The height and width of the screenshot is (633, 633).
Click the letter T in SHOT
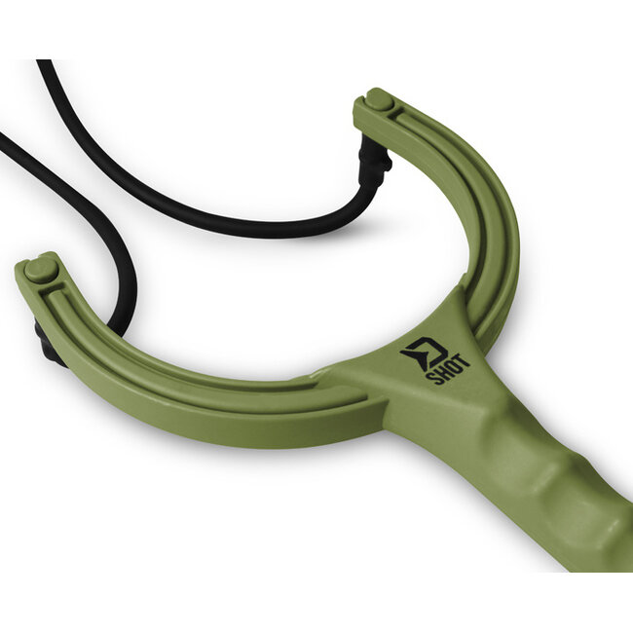[465, 361]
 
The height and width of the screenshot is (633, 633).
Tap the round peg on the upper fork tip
[378, 99]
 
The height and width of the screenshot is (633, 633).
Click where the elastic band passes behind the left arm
[121, 321]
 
